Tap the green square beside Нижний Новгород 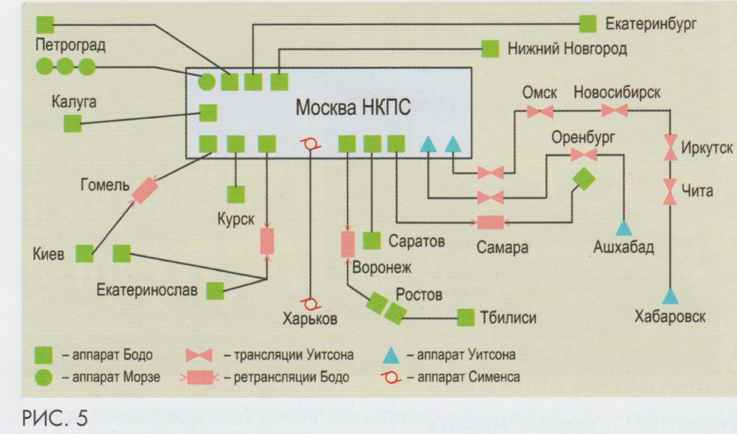490,49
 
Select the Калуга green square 73,123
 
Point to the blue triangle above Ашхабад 623,227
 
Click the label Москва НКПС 353,107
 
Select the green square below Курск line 235,194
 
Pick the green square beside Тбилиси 466,318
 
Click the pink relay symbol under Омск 540,112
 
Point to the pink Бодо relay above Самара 491,222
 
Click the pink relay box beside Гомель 144,190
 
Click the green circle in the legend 44,377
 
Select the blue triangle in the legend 391,354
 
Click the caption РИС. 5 55,418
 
